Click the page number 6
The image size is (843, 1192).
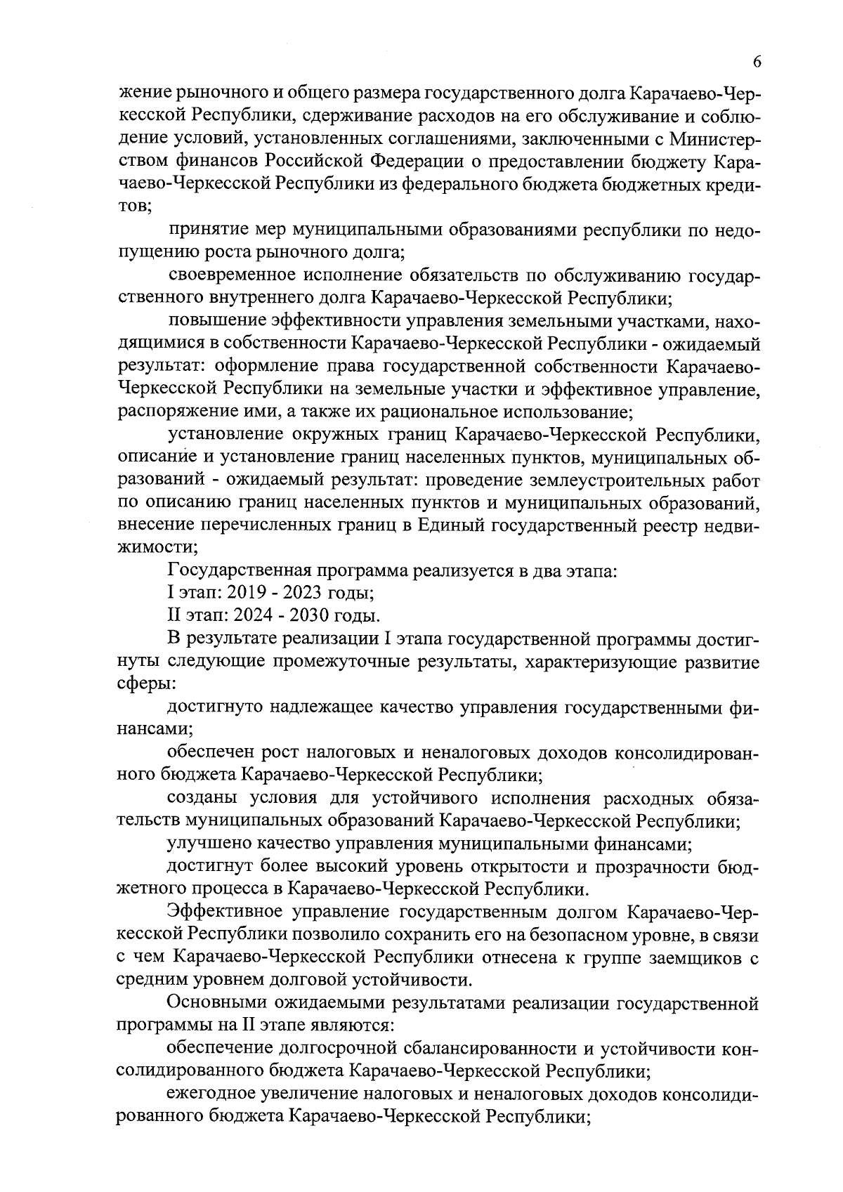coord(757,63)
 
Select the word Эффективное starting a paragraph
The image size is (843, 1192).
coord(223,912)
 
